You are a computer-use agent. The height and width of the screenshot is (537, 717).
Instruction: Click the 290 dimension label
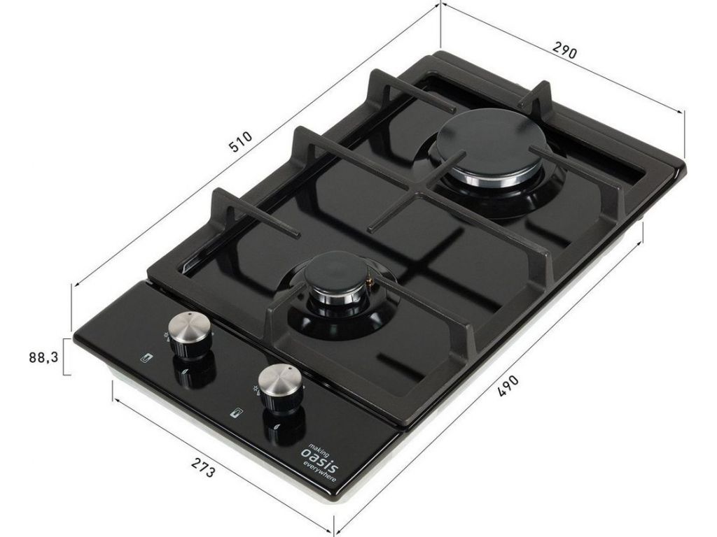point(564,50)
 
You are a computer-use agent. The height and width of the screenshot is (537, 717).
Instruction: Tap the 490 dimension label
point(508,386)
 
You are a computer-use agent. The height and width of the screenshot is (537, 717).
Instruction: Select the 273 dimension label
point(202,468)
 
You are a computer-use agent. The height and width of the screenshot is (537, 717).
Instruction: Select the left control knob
point(190,334)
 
